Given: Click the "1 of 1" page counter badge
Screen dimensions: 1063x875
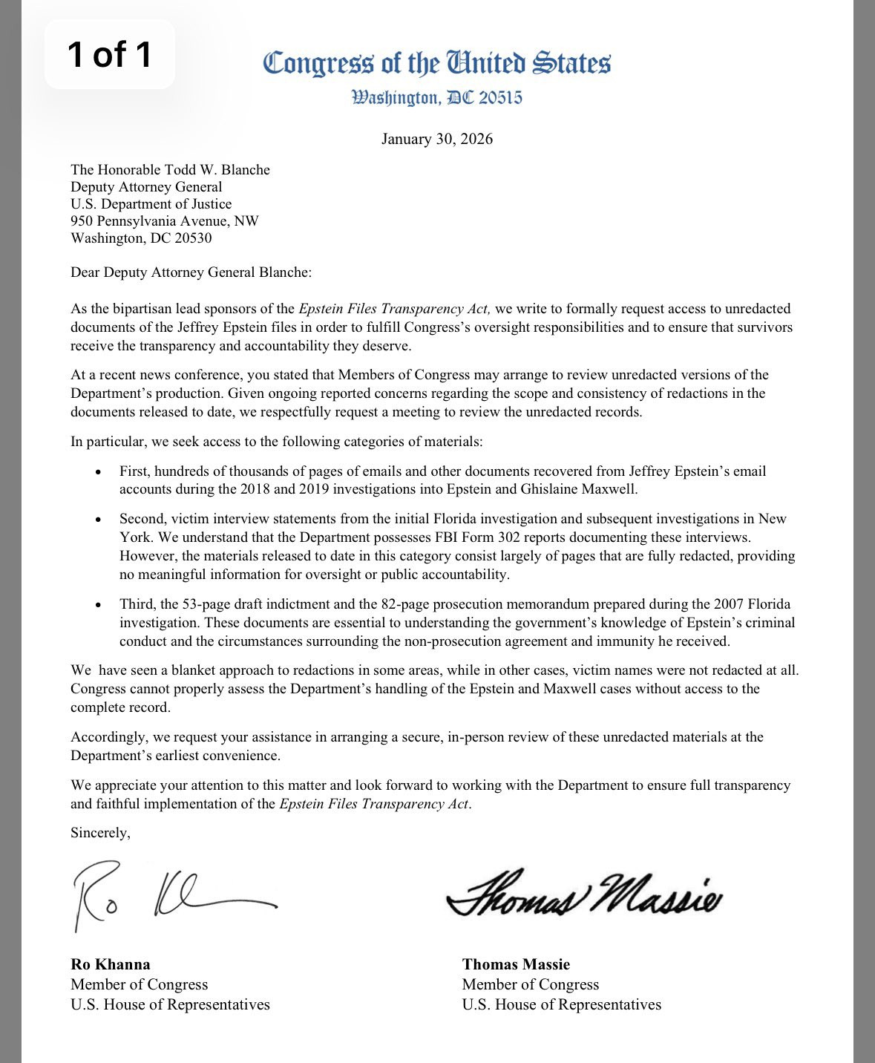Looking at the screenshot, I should pos(110,54).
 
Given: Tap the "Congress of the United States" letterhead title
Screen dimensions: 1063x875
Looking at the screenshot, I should pos(437,63).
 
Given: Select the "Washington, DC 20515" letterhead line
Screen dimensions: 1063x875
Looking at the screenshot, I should pos(437,98).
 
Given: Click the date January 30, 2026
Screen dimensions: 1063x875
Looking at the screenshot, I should pos(437,139).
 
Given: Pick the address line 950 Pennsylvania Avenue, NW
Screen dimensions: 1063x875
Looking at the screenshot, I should pos(165,220).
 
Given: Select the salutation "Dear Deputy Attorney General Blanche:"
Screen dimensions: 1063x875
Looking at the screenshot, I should pos(191,272).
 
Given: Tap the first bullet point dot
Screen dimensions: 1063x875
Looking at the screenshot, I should pos(98,472).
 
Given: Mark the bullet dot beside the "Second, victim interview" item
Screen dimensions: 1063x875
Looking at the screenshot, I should pos(98,520).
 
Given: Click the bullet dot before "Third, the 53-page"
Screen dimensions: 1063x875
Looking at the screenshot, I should pos(98,605).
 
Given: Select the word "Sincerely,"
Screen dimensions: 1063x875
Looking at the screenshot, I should pos(100,832).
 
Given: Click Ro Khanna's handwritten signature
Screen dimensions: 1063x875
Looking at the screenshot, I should pos(171,894).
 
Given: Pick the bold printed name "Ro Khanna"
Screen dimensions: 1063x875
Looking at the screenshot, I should pos(111,964).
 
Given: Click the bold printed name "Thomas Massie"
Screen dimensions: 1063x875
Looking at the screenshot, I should pos(516,964).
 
